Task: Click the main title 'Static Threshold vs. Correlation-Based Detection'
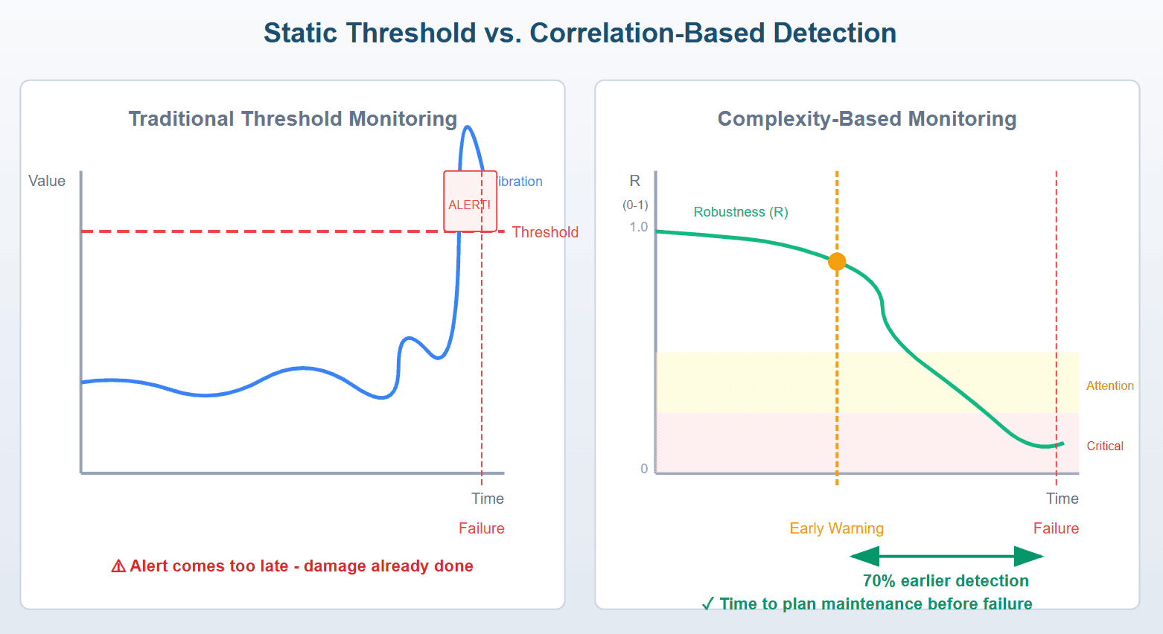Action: pos(580,33)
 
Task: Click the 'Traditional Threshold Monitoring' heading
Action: pos(293,119)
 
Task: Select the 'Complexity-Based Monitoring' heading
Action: pos(867,119)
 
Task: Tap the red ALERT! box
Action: pos(470,202)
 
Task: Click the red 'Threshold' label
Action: pos(545,232)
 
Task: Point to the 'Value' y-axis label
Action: pos(47,181)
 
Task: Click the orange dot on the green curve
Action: pos(837,261)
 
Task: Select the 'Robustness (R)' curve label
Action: pos(741,212)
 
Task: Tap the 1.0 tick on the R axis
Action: pos(639,227)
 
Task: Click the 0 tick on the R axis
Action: pos(644,469)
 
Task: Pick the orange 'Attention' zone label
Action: pos(1109,385)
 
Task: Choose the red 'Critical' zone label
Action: pos(1105,446)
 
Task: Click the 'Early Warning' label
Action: pos(836,528)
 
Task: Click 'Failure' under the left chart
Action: pos(481,528)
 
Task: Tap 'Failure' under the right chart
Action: pos(1056,528)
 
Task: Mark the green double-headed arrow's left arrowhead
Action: pos(864,556)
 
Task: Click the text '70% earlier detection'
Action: pos(946,580)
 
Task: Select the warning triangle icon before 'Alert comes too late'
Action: pos(118,566)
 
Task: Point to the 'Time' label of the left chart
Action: pos(488,499)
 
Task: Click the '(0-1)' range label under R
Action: pos(635,205)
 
